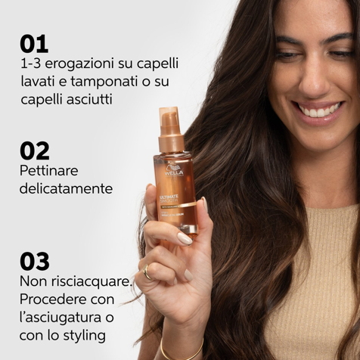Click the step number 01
pyautogui.click(x=34, y=43)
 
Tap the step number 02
pyautogui.click(x=35, y=151)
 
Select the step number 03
pyautogui.click(x=35, y=261)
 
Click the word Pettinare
pyautogui.click(x=48, y=170)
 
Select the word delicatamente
pyautogui.click(x=66, y=188)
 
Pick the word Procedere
pyautogui.click(x=51, y=298)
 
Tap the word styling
pyautogui.click(x=85, y=334)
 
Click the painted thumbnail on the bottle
pyautogui.click(x=185, y=239)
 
